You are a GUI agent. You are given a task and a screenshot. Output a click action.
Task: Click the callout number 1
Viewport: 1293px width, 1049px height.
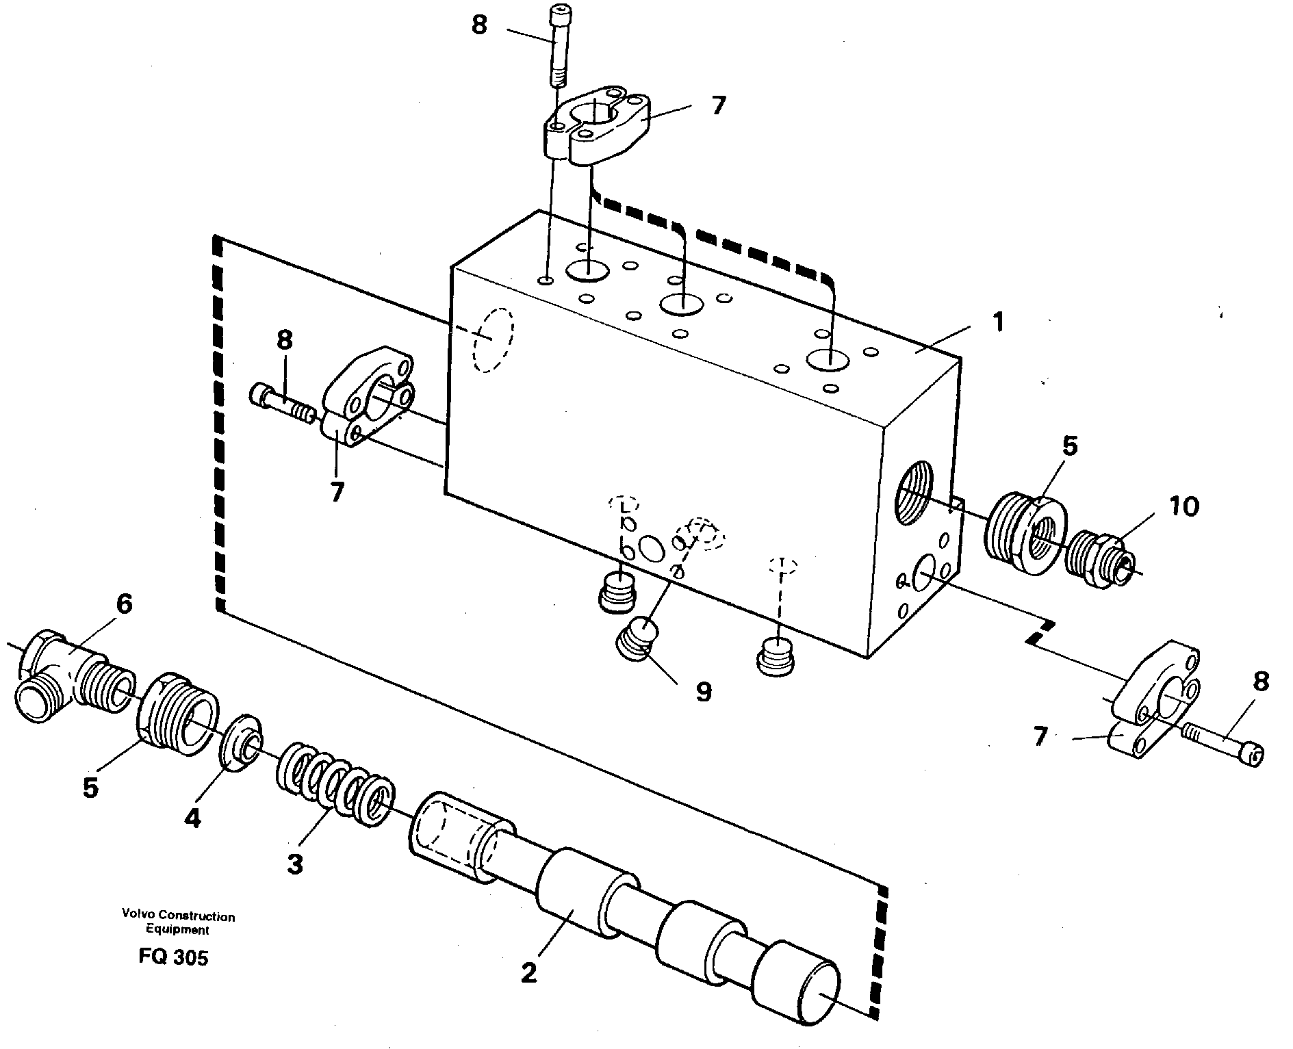tap(999, 322)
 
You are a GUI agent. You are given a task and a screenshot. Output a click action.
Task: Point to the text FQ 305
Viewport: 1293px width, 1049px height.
tap(173, 957)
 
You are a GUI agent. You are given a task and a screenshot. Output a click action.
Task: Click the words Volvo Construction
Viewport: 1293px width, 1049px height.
tap(178, 916)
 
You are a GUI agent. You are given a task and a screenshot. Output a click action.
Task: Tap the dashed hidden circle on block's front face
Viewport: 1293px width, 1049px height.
tap(492, 339)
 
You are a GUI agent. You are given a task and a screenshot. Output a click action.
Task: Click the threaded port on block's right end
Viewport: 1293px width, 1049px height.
tap(913, 491)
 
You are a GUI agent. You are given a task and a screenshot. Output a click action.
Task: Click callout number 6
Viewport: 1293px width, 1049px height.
tap(123, 604)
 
